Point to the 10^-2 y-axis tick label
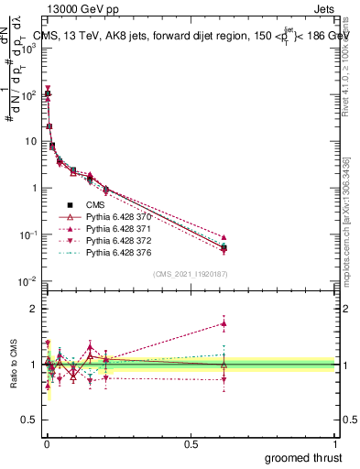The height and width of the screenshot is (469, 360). (x=27, y=281)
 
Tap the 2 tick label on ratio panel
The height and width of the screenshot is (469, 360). (x=33, y=309)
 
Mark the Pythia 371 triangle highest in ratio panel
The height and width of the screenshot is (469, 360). (x=224, y=322)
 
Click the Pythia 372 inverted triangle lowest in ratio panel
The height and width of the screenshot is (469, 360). (x=224, y=379)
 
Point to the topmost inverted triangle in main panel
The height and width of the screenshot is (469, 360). (x=48, y=89)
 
